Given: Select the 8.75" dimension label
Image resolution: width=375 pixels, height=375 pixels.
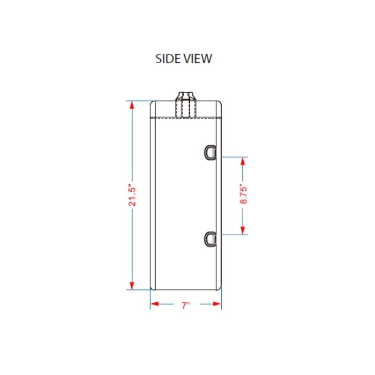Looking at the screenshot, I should (x=243, y=195).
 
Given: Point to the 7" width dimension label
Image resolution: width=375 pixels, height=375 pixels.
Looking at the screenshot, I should (x=186, y=306).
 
